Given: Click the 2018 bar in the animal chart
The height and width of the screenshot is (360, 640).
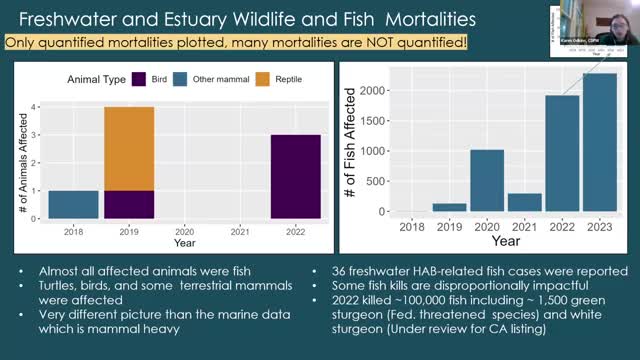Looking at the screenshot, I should (x=73, y=204).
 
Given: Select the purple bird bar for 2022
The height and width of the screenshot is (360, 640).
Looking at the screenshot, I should (x=295, y=176).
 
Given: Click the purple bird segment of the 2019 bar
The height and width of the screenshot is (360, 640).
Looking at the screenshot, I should (x=129, y=204).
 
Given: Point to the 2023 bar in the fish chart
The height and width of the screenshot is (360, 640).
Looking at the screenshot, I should (x=599, y=142).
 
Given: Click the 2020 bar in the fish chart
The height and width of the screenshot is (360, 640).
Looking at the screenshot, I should (x=487, y=180).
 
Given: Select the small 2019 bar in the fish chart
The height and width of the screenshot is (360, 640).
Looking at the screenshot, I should (x=449, y=207).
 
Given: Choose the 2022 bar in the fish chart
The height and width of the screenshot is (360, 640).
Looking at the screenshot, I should (x=562, y=153).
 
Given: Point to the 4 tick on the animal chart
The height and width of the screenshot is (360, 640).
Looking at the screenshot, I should (x=36, y=106).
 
